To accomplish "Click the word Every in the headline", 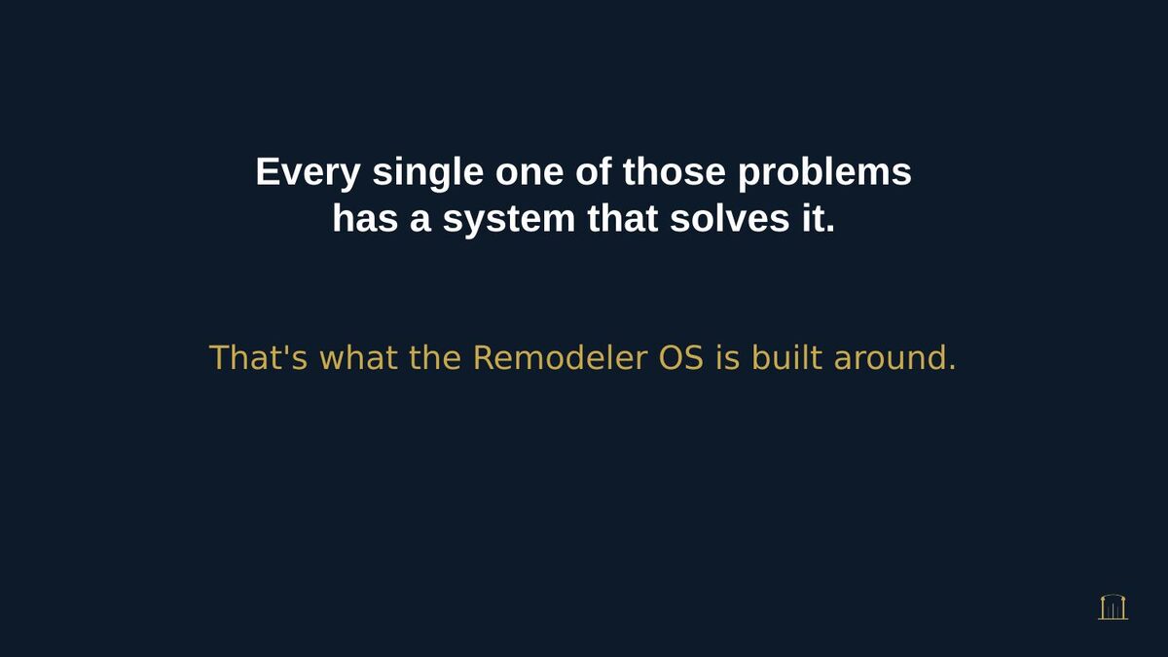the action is [308, 172].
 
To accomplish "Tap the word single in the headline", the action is [427, 172].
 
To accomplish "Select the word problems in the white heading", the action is [824, 172].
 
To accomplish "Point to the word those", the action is [674, 171].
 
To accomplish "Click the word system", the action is [509, 220].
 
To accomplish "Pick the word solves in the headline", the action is [729, 218].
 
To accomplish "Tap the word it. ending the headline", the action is [819, 218].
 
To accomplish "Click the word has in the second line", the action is [365, 218].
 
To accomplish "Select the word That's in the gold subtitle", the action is [258, 358].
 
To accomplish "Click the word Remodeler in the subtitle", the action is [560, 358].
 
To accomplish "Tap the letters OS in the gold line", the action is [681, 358].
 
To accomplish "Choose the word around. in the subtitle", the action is [894, 358].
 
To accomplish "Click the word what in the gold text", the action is [358, 358].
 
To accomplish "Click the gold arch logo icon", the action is [1113, 607].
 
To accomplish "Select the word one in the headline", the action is [529, 172].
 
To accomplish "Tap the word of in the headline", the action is [594, 171].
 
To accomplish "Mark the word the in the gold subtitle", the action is [435, 358].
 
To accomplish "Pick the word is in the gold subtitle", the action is [727, 358].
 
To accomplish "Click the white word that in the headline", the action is [623, 218].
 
